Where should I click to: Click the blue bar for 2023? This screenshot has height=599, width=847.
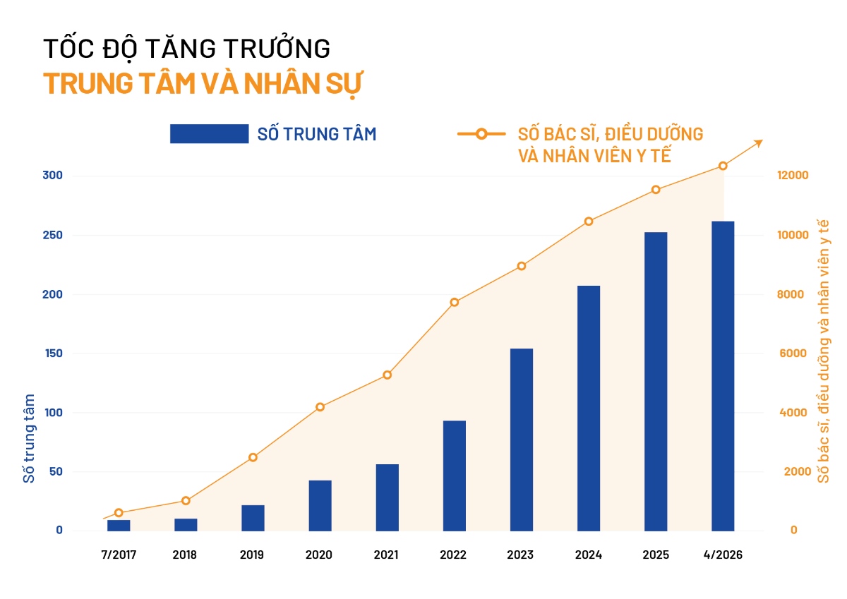[x=522, y=440]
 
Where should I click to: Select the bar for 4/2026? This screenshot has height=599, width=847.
[x=723, y=376]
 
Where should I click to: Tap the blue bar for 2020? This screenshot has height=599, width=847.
[x=320, y=505]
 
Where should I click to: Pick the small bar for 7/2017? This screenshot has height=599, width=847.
[x=119, y=525]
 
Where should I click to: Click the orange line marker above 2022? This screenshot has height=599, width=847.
[x=455, y=302]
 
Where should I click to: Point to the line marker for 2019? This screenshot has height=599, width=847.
[x=253, y=457]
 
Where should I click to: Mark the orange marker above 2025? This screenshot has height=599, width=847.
[x=656, y=189]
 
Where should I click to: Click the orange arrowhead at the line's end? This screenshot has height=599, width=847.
[x=758, y=143]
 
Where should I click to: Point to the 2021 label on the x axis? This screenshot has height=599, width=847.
[x=386, y=555]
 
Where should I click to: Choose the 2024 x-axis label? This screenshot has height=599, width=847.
[x=588, y=555]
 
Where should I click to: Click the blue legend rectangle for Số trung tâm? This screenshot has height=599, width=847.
[x=209, y=133]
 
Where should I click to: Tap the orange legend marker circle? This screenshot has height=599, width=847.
[x=481, y=133]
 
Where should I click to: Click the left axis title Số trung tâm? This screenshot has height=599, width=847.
[x=29, y=438]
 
